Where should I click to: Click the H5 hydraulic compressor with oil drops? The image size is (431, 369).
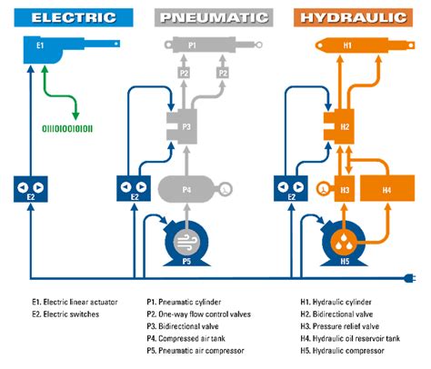pyautogui.click(x=345, y=241)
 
